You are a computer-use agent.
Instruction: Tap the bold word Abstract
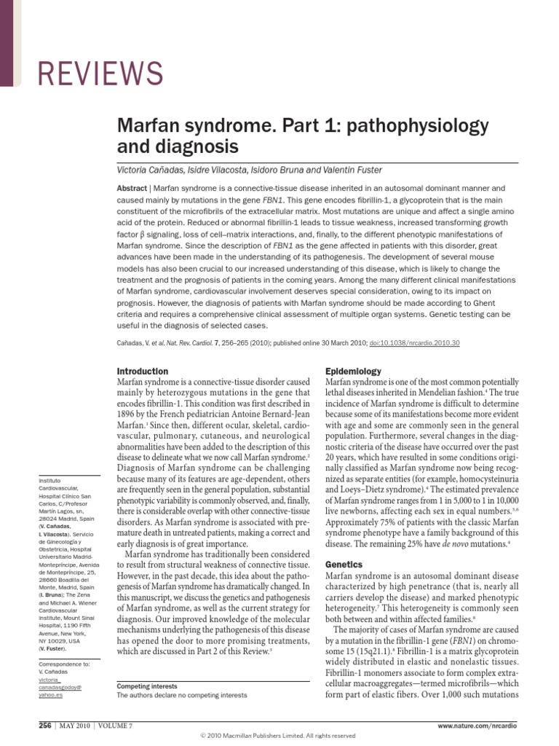133,187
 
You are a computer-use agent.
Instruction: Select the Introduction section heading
143,371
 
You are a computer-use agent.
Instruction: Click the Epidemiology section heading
352,371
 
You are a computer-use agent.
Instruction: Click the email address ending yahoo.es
58,694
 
